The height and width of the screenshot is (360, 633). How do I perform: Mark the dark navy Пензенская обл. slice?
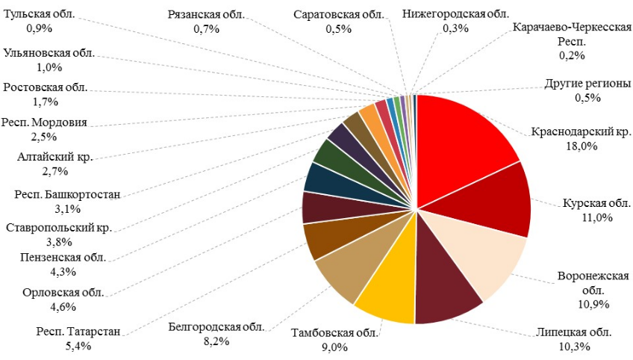point(319,178)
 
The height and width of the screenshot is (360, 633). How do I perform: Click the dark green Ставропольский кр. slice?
point(328,152)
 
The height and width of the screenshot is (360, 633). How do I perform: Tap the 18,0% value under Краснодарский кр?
point(581,146)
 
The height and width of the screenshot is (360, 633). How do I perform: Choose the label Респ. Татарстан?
point(78,332)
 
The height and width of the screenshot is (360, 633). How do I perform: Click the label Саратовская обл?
point(338,14)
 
